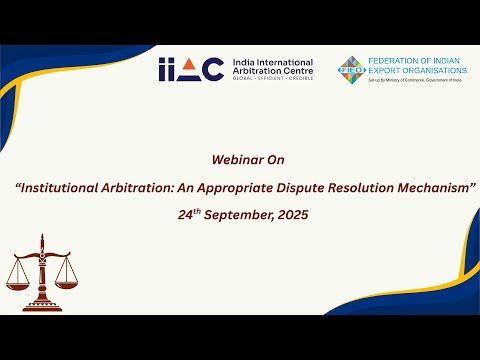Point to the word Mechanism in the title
point(432,187)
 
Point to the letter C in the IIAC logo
point(212,69)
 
